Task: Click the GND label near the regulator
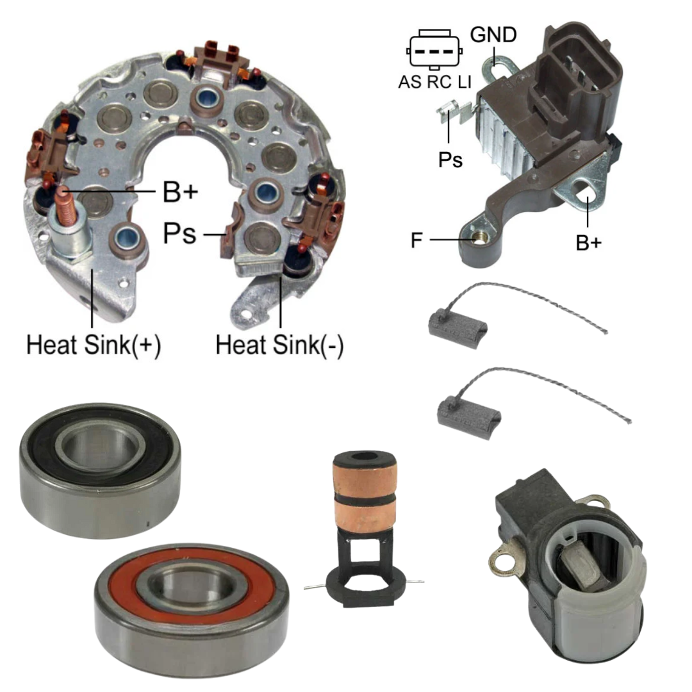click(x=493, y=35)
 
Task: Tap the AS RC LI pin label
click(x=434, y=82)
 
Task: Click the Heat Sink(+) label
click(x=94, y=345)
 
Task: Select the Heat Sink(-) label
click(x=279, y=345)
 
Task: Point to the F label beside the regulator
click(x=416, y=240)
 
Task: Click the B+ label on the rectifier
click(x=181, y=192)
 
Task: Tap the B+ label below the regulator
click(x=589, y=243)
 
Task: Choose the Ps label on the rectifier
click(x=179, y=233)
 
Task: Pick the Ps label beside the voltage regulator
click(x=450, y=160)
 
